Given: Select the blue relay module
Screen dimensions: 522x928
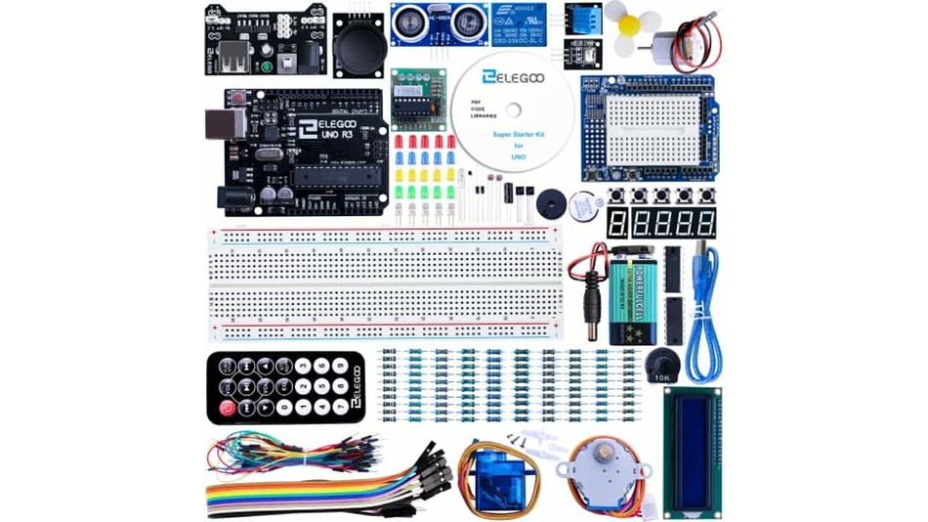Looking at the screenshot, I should click(x=526, y=24).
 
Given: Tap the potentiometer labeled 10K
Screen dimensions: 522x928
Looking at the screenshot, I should click(x=662, y=367).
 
